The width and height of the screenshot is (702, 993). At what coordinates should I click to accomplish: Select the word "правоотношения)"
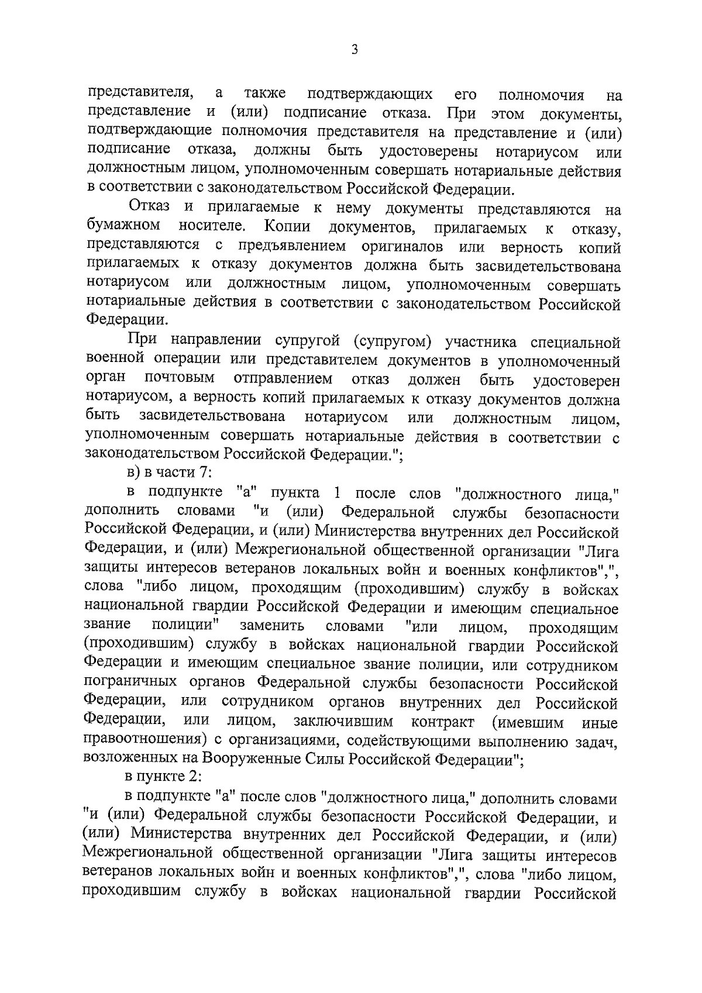143,740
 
